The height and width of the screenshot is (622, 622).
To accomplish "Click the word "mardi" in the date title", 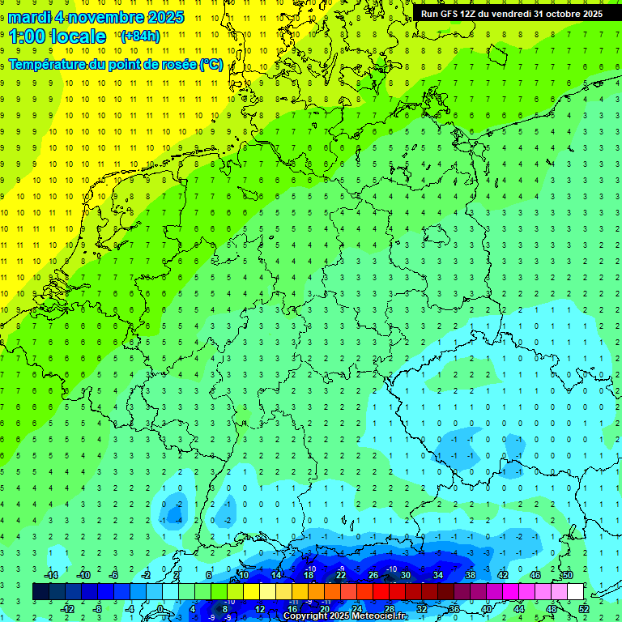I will (27, 17).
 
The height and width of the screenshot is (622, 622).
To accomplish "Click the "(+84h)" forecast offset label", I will (141, 36).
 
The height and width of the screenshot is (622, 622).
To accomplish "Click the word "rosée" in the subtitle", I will (178, 64).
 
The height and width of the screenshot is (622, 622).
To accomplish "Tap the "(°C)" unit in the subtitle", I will (211, 64).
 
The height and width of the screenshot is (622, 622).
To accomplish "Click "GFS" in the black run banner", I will (453, 13).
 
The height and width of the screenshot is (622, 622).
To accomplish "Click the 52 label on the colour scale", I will (583, 608).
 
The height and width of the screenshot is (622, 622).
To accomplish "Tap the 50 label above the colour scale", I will (567, 575).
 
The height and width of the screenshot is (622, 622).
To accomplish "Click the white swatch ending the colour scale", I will (575, 591).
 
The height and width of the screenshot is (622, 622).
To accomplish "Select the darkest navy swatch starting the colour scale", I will (40, 591).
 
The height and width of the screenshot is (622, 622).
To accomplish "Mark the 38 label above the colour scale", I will (470, 575).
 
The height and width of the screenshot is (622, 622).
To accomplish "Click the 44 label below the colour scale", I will (518, 608).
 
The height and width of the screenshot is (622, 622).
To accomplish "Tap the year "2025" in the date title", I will (161, 17).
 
